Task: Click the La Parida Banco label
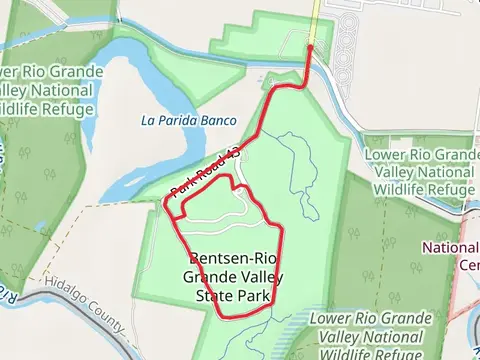coord(188,121)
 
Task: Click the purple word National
coord(451,248)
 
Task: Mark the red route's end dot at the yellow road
coord(311,46)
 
